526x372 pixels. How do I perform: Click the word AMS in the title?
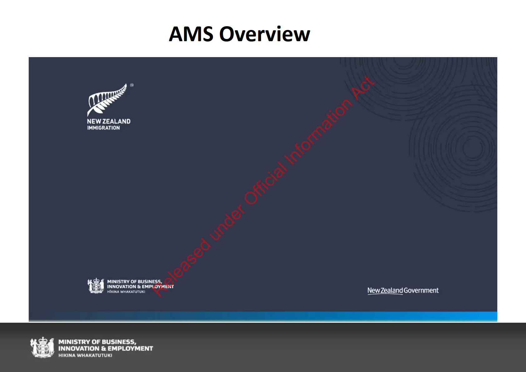pyautogui.click(x=191, y=34)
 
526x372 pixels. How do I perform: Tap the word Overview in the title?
pyautogui.click(x=265, y=34)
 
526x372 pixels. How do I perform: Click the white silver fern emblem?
pyautogui.click(x=107, y=100)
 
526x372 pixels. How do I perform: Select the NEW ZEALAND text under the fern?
pyautogui.click(x=109, y=121)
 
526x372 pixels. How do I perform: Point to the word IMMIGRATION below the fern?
pyautogui.click(x=104, y=128)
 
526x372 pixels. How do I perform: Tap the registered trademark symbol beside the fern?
pyautogui.click(x=132, y=85)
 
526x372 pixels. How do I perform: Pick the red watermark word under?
pyautogui.click(x=227, y=223)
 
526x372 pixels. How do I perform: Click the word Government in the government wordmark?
pyautogui.click(x=421, y=291)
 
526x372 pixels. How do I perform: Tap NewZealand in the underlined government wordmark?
pyautogui.click(x=385, y=291)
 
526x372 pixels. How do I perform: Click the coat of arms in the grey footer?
pyautogui.click(x=42, y=348)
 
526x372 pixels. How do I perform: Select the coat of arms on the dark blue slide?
pyautogui.click(x=96, y=286)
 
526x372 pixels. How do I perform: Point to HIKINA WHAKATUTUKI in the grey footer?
pyautogui.click(x=85, y=355)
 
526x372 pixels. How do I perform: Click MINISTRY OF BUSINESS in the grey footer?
pyautogui.click(x=97, y=342)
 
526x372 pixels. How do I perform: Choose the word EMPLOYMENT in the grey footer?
pyautogui.click(x=130, y=349)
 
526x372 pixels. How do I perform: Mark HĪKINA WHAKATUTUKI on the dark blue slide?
pyautogui.click(x=126, y=292)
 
